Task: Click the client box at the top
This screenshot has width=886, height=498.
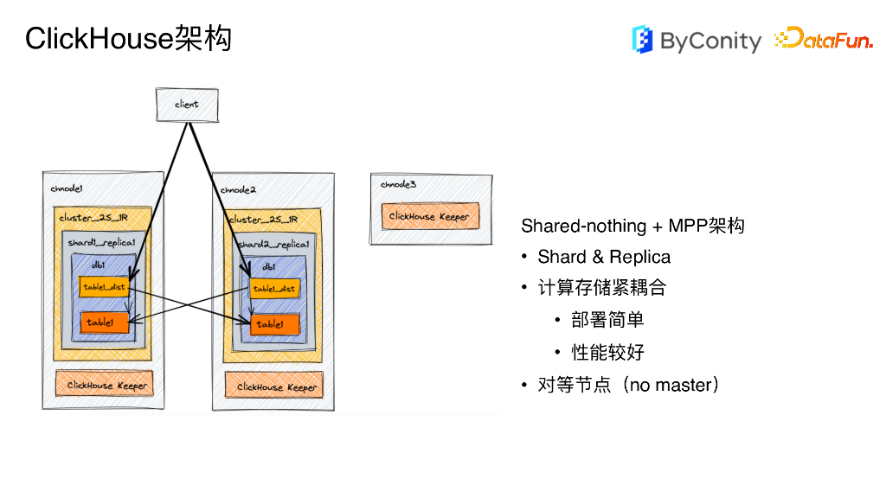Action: pos(186,104)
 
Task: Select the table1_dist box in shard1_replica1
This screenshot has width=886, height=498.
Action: pos(104,287)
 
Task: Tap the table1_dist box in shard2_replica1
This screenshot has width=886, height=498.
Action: pos(273,289)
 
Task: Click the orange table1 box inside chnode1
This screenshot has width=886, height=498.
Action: pos(105,323)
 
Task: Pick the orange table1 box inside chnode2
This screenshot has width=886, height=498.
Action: pos(275,325)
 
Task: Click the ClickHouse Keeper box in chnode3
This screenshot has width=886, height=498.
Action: pos(430,216)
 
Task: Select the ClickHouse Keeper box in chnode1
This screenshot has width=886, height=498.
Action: pos(104,385)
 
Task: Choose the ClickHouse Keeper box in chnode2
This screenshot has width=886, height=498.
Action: pos(274,386)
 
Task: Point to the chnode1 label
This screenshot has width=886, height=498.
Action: pos(67,188)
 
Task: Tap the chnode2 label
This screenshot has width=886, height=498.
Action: pos(238,189)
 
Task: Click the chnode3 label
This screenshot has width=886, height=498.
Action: pos(398,184)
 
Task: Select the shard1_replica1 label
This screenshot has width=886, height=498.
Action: pos(101,243)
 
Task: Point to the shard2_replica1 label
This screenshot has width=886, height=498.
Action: pos(273,245)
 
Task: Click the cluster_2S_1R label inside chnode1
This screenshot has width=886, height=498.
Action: pos(93,218)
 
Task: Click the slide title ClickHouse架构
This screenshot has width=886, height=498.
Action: pos(128,39)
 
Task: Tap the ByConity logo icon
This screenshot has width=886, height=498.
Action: pos(642,40)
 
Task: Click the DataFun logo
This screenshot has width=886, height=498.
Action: pos(823,39)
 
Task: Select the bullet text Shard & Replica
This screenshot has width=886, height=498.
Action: pos(604,257)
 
